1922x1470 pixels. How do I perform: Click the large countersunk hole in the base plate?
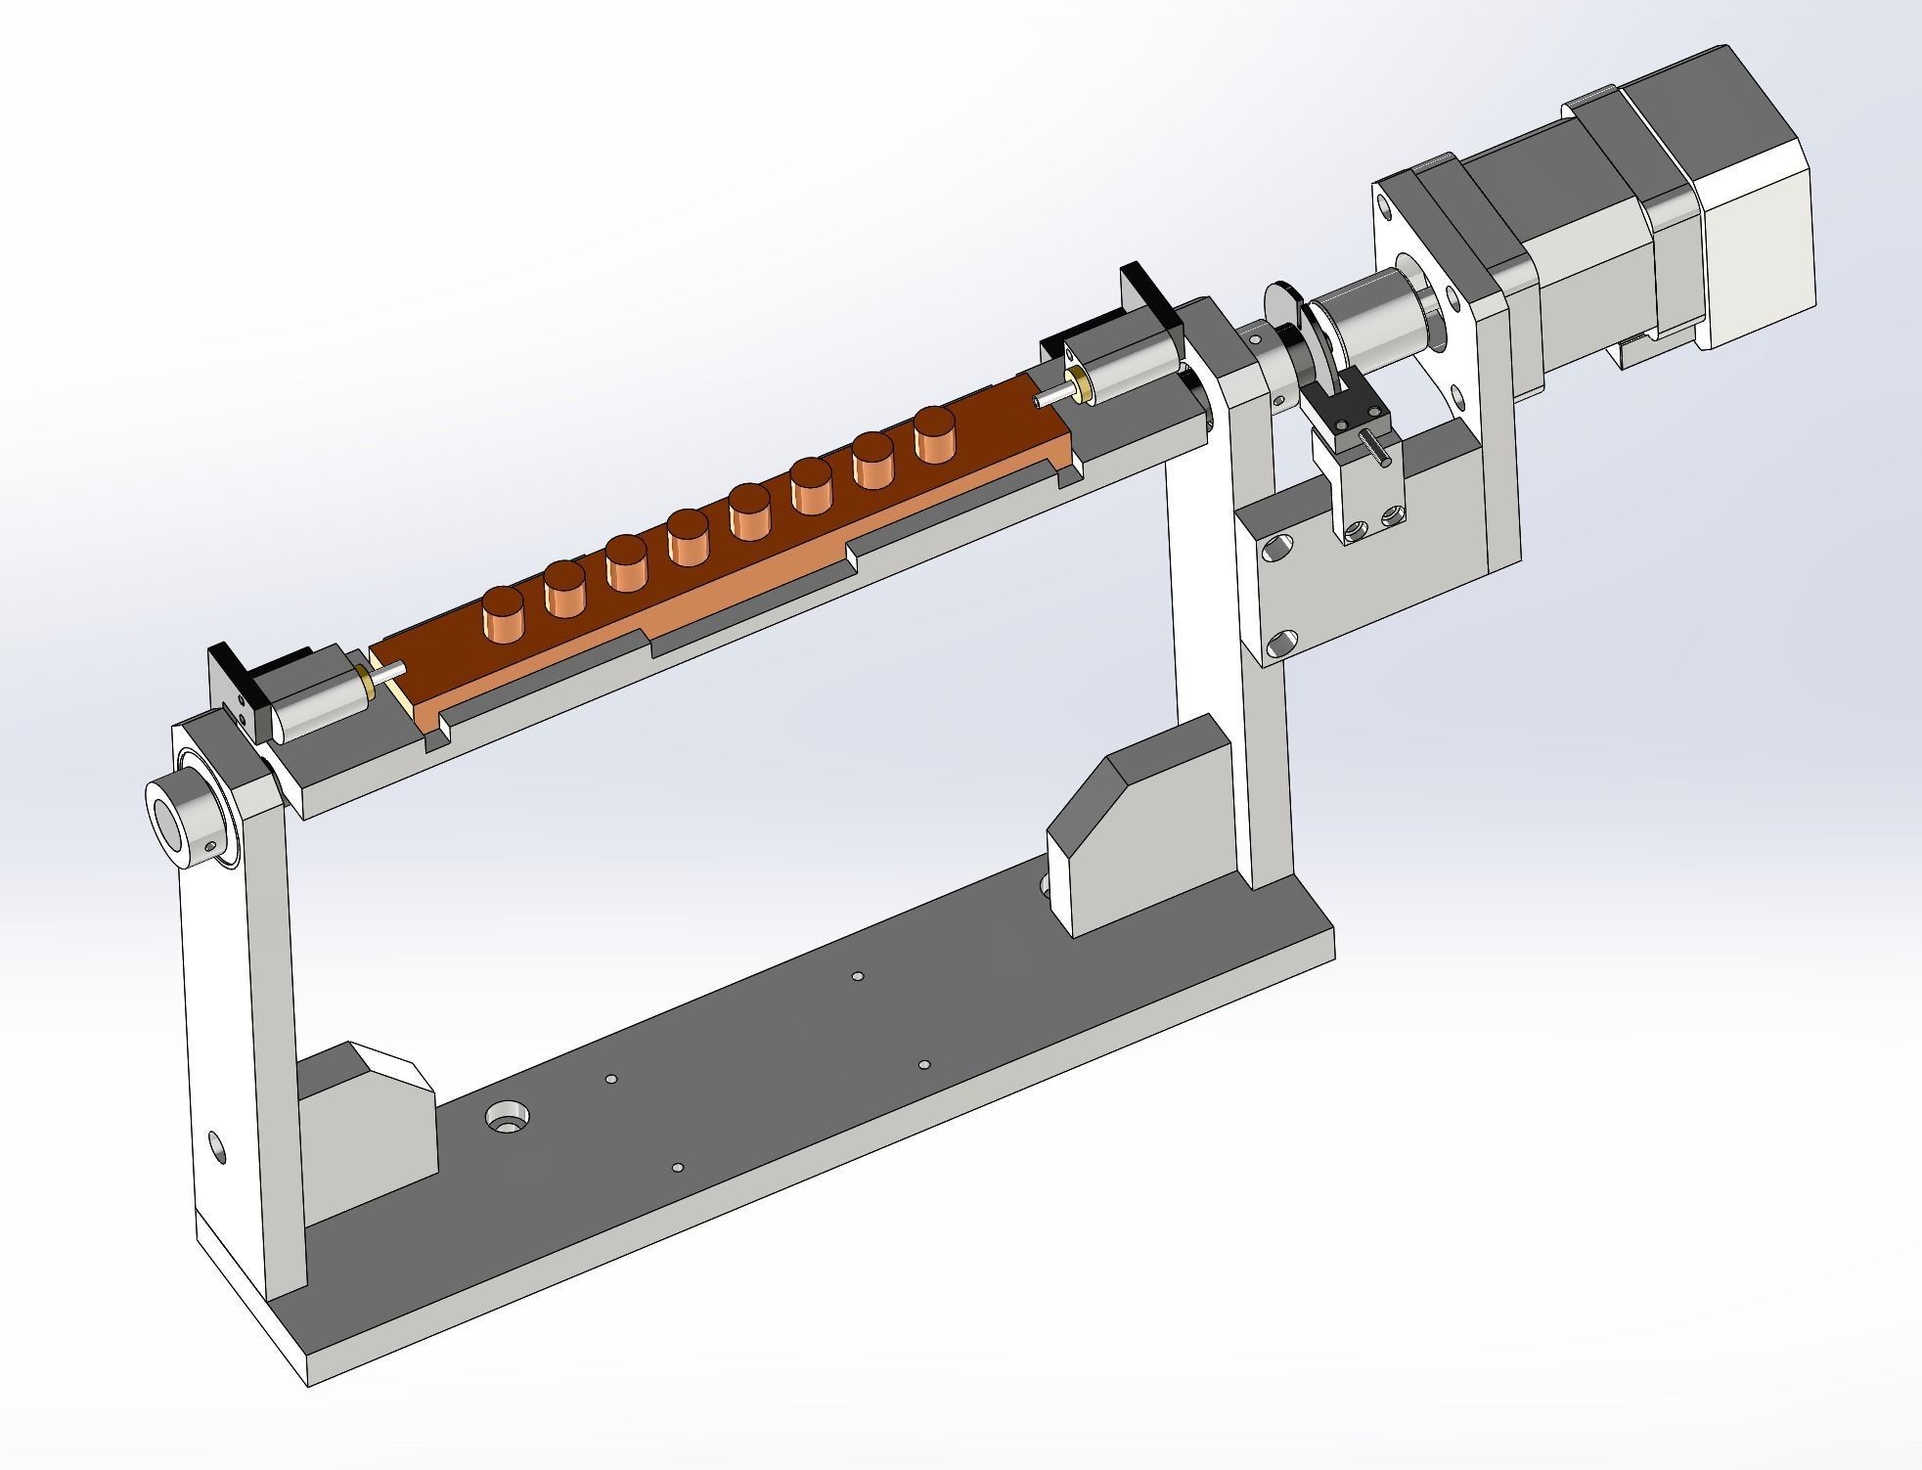(x=508, y=1119)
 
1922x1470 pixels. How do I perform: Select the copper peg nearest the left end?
(x=504, y=613)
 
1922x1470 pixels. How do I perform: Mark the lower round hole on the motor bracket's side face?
(x=1280, y=643)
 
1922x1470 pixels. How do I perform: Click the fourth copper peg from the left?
(x=689, y=543)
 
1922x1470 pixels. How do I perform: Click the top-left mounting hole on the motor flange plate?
(x=1383, y=206)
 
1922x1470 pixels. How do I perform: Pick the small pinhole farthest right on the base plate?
(x=924, y=1064)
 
